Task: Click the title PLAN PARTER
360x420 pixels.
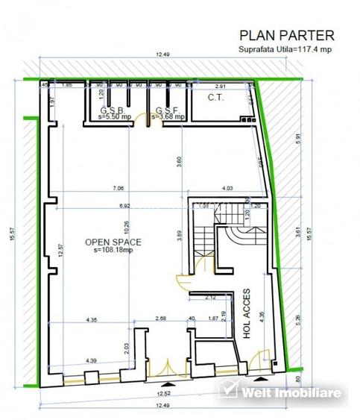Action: (286, 34)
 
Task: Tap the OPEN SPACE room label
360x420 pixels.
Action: (113, 241)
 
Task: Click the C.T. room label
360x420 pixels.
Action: (216, 98)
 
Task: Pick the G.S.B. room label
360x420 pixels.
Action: (113, 110)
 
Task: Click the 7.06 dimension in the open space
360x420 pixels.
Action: (117, 189)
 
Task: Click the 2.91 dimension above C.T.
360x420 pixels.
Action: (221, 86)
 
